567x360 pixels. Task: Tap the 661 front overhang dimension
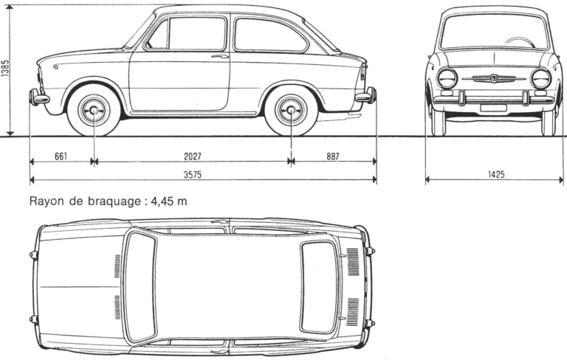[x=61, y=156]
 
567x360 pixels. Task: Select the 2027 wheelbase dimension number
[x=193, y=156]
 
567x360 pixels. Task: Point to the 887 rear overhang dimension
[x=333, y=156]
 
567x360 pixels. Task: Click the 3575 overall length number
[x=193, y=175]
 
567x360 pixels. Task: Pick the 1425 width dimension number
[x=496, y=175]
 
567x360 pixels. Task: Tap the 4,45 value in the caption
[x=162, y=201]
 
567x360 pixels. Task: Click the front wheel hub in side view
[x=94, y=110]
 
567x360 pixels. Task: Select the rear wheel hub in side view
[x=291, y=110]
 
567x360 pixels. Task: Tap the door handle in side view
[x=220, y=56]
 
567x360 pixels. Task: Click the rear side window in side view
[x=270, y=35]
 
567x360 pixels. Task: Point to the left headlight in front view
[x=447, y=78]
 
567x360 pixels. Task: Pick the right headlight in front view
[x=541, y=78]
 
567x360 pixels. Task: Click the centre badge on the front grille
[x=494, y=78]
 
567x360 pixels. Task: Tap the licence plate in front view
[x=493, y=108]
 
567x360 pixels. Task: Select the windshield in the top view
[x=140, y=287]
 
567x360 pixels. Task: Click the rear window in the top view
[x=319, y=287]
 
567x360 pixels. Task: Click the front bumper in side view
[x=38, y=97]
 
